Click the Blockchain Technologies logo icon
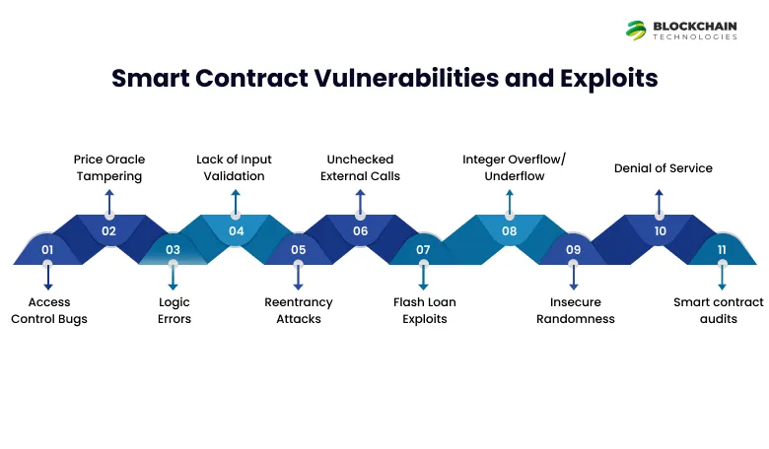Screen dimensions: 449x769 [x=636, y=30]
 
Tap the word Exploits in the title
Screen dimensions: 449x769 [x=607, y=79]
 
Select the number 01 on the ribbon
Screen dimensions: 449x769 [x=47, y=250]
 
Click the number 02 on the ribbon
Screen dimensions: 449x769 [x=108, y=231]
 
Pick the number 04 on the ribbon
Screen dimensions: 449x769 [x=236, y=231]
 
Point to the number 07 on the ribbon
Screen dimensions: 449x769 [x=423, y=250]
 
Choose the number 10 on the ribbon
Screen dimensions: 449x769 [x=660, y=231]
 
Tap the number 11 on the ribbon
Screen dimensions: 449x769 [x=722, y=250]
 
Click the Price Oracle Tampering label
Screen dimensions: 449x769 [x=108, y=167]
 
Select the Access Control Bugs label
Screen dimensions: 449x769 [x=48, y=310]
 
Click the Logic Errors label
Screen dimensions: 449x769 [x=174, y=310]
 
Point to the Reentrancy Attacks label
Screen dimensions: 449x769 [x=299, y=310]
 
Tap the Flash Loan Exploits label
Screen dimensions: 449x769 [x=424, y=310]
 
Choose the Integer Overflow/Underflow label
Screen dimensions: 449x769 [x=509, y=167]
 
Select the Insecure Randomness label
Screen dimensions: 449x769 [x=575, y=310]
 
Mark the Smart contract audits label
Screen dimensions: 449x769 [x=719, y=310]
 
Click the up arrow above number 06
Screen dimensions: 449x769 [x=360, y=201]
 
